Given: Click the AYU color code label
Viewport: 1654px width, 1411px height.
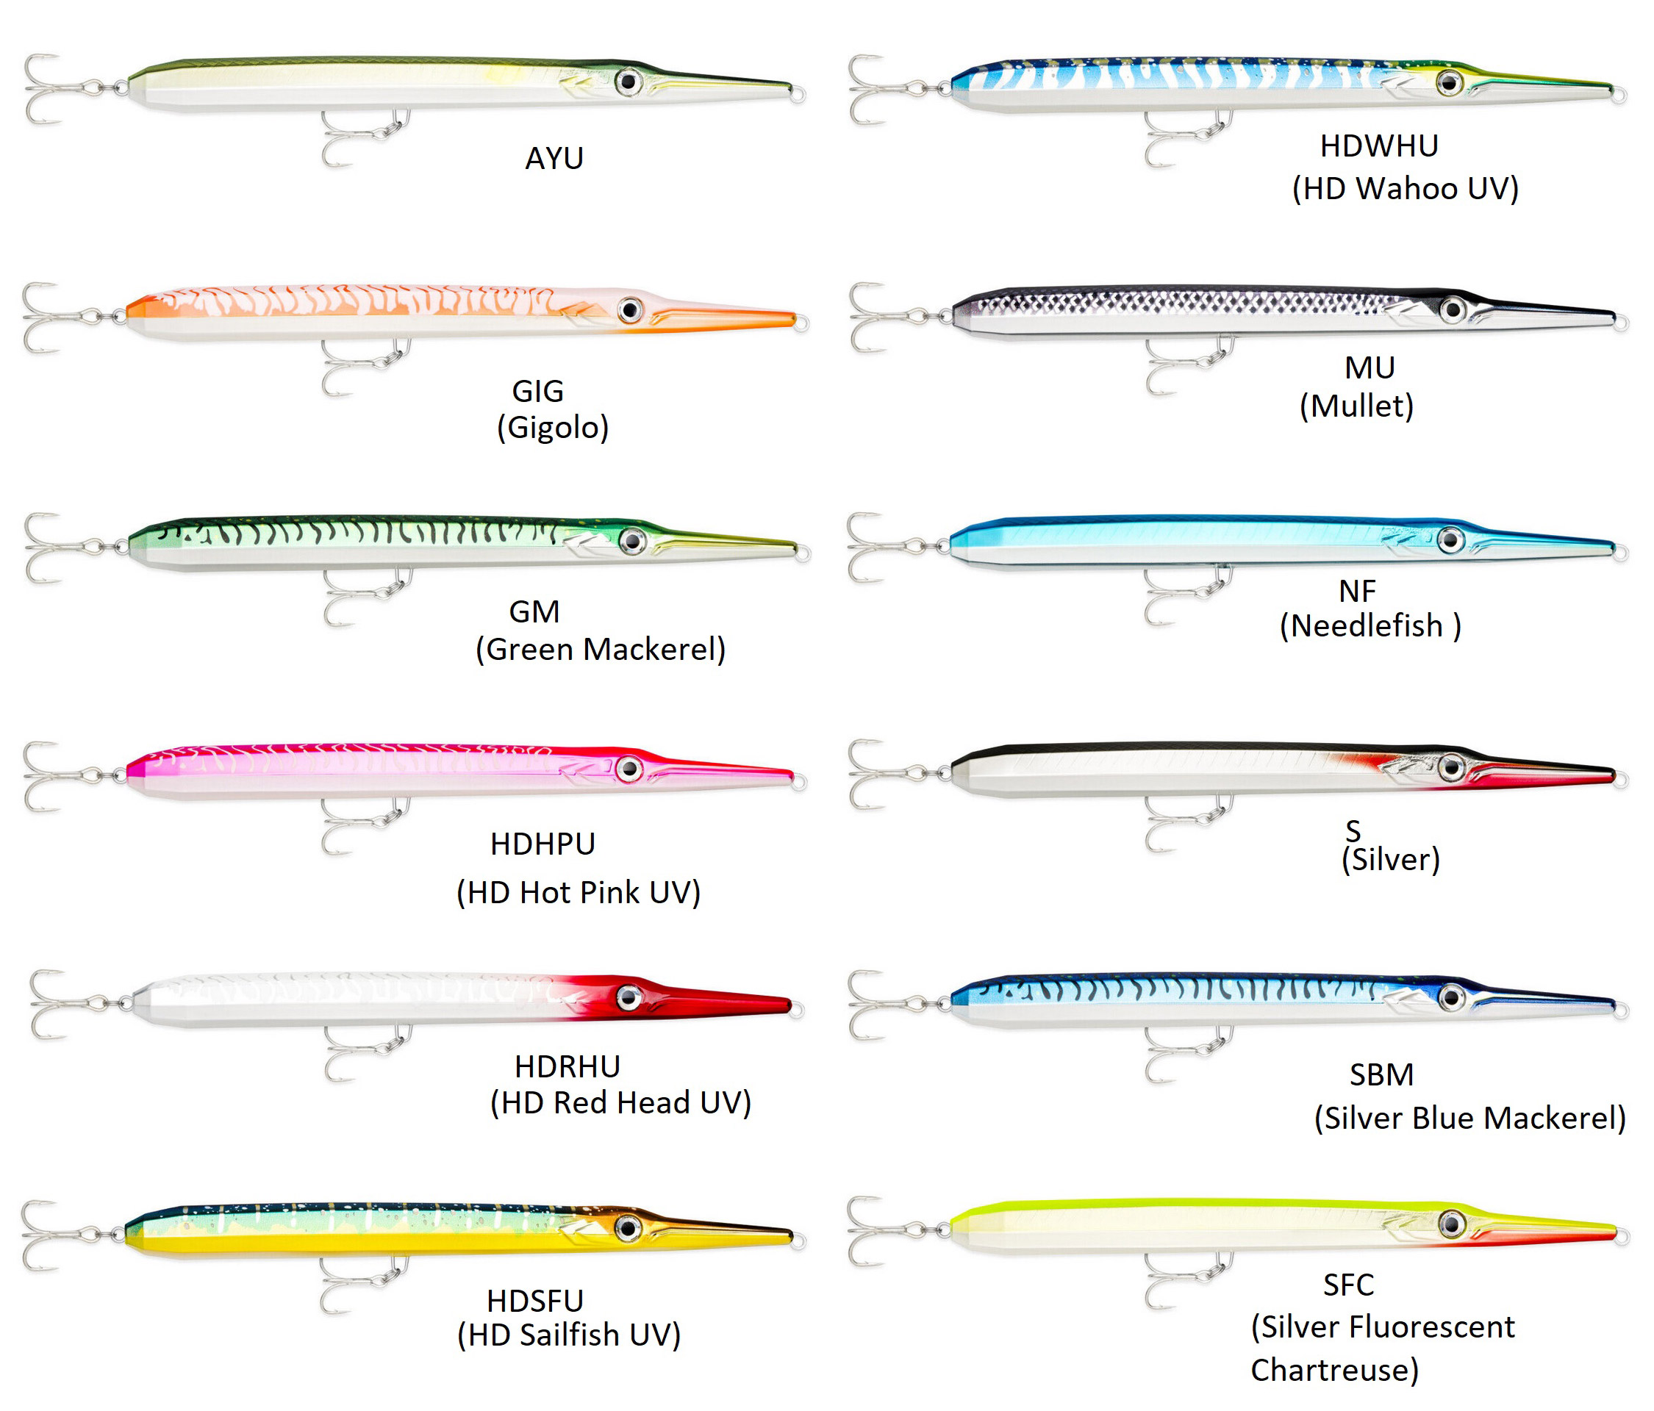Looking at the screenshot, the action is coord(554,158).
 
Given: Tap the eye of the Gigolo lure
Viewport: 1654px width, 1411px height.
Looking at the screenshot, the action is coord(630,309).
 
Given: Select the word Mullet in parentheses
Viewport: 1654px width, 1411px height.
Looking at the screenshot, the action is coord(1356,406).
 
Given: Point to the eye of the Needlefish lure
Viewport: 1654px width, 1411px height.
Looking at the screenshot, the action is coord(1450,540).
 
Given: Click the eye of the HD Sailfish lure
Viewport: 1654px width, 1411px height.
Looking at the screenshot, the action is coord(629,1227).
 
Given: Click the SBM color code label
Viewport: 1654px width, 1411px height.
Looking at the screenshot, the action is coord(1381,1075).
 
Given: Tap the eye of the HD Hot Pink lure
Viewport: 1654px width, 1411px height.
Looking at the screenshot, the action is coord(629,769).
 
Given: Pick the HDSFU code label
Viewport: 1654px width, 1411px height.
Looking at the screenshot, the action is coord(535,1302).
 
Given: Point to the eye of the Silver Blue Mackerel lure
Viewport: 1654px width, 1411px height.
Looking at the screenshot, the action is coord(1451,997).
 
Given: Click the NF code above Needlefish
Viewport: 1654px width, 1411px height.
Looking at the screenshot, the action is coord(1357,592).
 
